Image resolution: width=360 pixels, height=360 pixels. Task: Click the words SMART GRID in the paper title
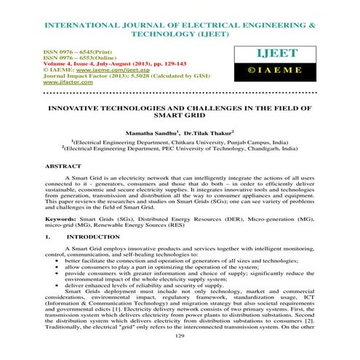tap(180, 116)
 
